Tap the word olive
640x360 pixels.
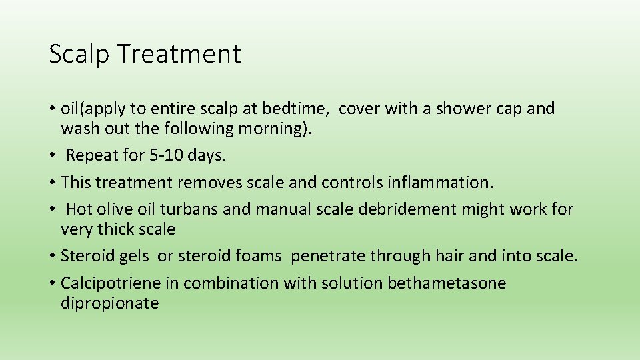pos(114,209)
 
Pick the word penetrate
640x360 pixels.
pos(329,257)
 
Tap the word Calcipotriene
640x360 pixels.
pos(111,283)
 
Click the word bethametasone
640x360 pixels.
pos(447,283)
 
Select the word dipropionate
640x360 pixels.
pos(109,304)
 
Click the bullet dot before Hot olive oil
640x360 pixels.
pos(53,209)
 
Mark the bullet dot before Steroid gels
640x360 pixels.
pos(53,256)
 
